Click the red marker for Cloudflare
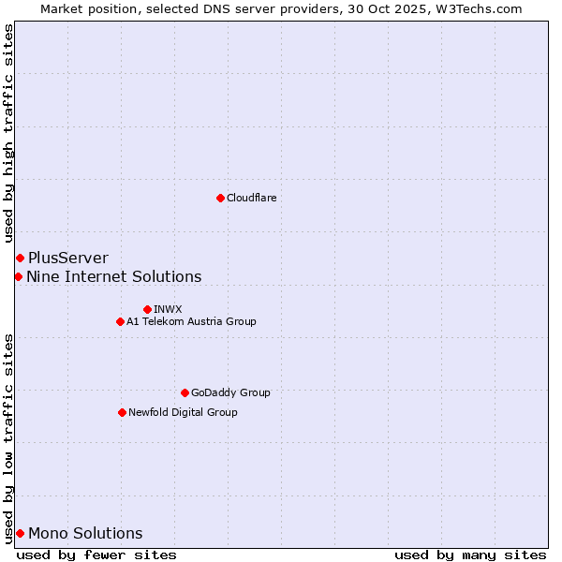[220, 198]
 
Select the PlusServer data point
[20, 258]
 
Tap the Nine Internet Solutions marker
[18, 276]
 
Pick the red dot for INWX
[147, 309]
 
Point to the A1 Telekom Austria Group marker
[120, 321]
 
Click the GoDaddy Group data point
[185, 392]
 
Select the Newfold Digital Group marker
[122, 412]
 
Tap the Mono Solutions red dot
[20, 533]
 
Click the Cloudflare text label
[251, 198]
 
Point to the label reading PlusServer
[67, 258]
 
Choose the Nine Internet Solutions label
[113, 276]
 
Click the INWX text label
[168, 309]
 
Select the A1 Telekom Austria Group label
[191, 321]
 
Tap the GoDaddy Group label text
[230, 392]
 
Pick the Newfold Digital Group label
[183, 412]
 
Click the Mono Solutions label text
[85, 533]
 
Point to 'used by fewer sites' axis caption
[96, 555]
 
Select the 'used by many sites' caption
[470, 555]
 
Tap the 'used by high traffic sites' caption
[8, 134]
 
